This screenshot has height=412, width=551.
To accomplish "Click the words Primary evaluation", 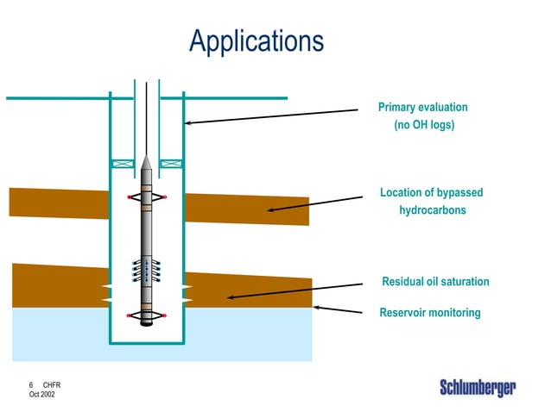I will point(422,108).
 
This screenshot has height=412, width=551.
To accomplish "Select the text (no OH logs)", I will point(423,126).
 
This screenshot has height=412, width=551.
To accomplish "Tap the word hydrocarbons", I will point(432,210).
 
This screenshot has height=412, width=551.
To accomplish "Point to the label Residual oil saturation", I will point(435,282).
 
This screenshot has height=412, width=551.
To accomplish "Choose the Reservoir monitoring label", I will point(429,313).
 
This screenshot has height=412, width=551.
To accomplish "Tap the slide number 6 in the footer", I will point(31,384).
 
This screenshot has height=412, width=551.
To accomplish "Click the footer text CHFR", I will point(51,384).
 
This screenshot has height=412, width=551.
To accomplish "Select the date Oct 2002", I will point(41,394).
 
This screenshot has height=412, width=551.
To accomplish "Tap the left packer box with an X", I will point(123,163).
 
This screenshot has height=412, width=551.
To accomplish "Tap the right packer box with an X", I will point(171,163).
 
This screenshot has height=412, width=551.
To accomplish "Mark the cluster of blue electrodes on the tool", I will point(147,270).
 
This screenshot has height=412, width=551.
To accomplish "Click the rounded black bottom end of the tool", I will point(147,324).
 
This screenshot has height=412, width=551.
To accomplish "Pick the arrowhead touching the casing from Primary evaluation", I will point(187,123).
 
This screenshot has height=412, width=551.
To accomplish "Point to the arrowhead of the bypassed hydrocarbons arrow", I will point(269,209).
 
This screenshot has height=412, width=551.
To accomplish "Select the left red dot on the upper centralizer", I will point(130,197).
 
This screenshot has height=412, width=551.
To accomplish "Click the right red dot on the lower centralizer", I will point(165,316).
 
